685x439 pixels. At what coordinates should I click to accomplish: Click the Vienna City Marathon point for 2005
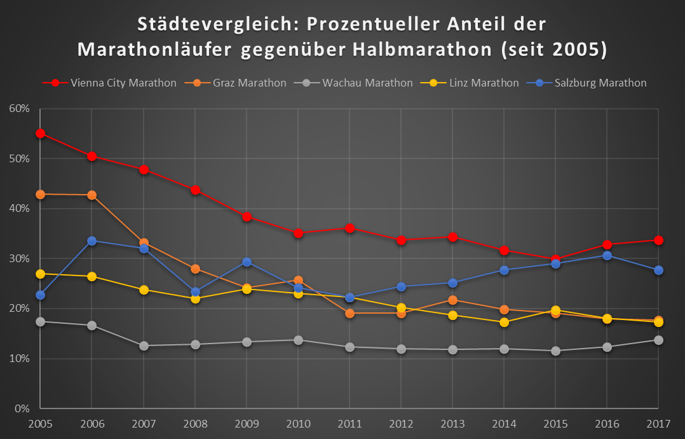coord(40,134)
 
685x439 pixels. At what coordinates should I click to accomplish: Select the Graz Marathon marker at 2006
coord(92,195)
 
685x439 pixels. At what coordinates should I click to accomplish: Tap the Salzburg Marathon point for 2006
coord(92,240)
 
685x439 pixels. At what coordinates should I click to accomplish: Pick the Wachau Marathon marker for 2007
coord(144,345)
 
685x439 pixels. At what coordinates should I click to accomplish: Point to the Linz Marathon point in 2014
coord(504,323)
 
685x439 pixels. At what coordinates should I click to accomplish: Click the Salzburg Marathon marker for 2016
coord(607,255)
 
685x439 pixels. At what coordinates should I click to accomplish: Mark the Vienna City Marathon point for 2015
coord(555,260)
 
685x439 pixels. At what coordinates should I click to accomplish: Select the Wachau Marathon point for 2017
coord(658,340)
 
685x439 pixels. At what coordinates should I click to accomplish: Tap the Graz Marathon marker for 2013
coord(452,300)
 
